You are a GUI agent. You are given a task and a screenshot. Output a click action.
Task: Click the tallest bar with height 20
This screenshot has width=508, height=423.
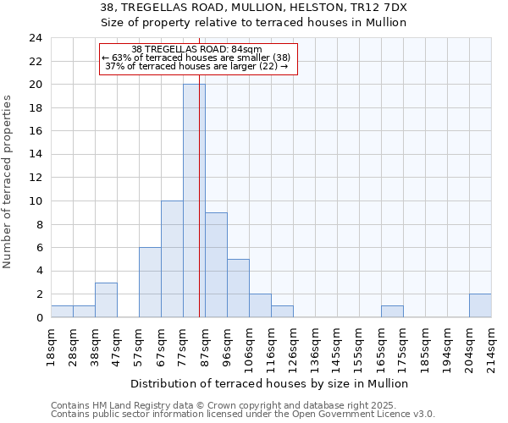point(194,201)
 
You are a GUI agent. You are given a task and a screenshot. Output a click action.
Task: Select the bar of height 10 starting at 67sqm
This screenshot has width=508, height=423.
point(172,259)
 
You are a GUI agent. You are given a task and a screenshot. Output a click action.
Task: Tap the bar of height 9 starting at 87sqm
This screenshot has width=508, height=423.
point(216,265)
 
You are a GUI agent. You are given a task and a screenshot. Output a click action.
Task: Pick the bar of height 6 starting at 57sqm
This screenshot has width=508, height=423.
point(150,283)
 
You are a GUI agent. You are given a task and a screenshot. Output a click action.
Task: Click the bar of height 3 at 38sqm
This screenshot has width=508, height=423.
point(106,299)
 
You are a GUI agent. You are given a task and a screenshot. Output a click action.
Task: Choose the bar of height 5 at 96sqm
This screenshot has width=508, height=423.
point(238,288)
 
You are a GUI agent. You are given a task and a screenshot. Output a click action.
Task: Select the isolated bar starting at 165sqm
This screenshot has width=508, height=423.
point(392,311)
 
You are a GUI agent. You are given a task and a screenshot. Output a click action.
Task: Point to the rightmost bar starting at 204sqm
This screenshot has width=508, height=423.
point(480,305)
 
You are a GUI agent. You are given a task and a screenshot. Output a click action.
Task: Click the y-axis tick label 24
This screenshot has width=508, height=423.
point(35,38)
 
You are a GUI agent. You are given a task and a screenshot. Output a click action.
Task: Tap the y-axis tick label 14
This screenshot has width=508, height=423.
point(35,155)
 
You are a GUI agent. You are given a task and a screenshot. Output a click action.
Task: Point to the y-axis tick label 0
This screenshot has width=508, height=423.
point(38,318)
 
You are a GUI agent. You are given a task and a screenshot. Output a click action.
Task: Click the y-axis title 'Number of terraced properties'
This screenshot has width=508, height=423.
point(9,182)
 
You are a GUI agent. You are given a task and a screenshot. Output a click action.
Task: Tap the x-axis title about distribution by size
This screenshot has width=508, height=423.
point(270,383)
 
